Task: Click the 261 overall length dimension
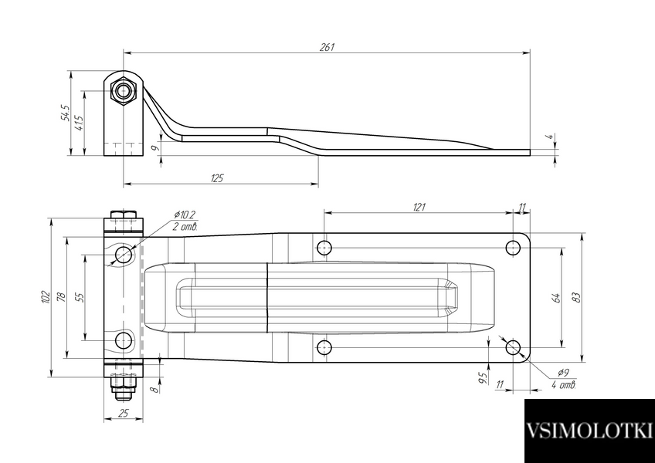pos(327,47)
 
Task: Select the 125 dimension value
pos(217,178)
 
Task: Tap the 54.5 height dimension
pos(66,113)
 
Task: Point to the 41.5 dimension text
pos(80,123)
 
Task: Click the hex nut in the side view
pos(124,91)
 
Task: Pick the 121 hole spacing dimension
pos(419,207)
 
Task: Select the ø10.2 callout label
pos(185,215)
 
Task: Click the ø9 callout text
pos(563,373)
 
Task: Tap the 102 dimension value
pos(46,297)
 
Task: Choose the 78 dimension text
pos(62,297)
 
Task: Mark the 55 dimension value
pos(80,297)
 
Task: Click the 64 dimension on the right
pos(555,298)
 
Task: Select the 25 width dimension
pos(124,414)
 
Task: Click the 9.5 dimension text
pos(483,378)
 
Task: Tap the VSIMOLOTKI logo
pos(589,431)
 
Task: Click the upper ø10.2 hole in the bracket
pos(124,254)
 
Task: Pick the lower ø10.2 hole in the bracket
pos(124,340)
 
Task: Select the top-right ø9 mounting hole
pos(513,248)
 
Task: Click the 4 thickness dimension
pos(551,137)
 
